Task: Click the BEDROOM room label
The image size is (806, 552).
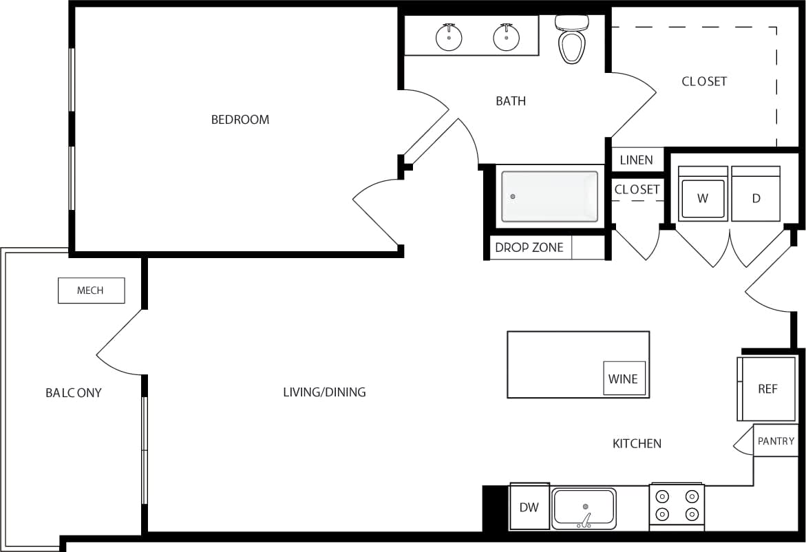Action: (240, 120)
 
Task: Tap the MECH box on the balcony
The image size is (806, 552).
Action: (91, 290)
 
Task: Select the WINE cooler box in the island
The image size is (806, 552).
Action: (624, 379)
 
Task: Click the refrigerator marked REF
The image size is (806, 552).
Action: (767, 389)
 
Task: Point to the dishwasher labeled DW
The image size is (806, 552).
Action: (529, 507)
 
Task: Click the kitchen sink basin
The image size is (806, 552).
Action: (584, 508)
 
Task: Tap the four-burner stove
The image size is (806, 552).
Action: (677, 505)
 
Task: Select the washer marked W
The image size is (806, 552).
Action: (703, 195)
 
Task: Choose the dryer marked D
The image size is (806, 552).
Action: (756, 195)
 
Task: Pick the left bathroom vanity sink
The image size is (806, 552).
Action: (449, 37)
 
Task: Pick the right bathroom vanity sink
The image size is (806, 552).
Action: (506, 37)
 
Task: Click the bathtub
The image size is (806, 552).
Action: (549, 196)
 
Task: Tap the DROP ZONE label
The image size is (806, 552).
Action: (529, 248)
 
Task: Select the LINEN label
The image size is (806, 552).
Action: (636, 160)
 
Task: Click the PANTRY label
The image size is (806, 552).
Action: (776, 441)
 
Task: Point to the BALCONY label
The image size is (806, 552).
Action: (74, 393)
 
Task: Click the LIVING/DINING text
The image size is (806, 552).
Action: (324, 392)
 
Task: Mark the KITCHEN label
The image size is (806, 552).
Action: (637, 444)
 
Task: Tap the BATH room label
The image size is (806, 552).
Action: (511, 101)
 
